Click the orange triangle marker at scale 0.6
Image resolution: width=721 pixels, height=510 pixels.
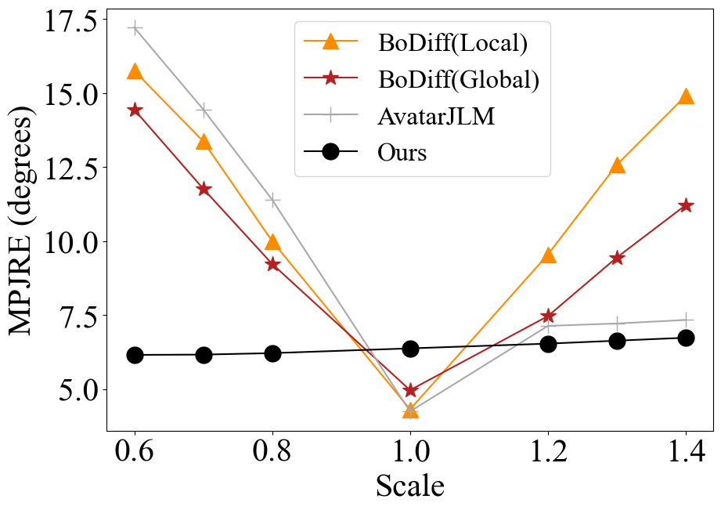(135, 72)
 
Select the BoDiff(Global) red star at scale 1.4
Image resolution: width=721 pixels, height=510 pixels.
(686, 205)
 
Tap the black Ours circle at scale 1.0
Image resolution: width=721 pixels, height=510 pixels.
(410, 349)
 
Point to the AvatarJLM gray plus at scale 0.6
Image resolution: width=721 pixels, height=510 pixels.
(135, 28)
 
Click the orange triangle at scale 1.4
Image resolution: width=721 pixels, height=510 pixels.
(686, 96)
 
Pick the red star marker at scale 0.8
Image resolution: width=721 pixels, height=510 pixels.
(272, 264)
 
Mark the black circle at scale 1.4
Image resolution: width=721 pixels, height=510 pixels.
(686, 338)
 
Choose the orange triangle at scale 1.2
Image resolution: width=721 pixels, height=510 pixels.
(548, 255)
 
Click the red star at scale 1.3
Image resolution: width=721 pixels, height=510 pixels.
(617, 258)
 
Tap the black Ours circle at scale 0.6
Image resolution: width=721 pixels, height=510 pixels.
(135, 355)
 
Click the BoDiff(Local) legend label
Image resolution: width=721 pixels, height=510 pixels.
(452, 42)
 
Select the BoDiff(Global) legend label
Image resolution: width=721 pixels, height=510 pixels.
(458, 78)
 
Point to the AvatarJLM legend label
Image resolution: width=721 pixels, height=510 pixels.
(436, 116)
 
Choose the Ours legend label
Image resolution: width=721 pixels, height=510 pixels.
(402, 152)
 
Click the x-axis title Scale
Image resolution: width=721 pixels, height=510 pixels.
(409, 486)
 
